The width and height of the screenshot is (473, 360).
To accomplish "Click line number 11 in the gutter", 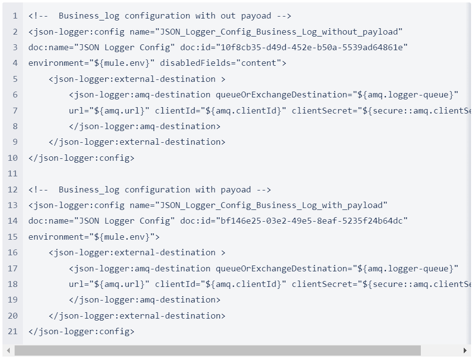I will (12, 173).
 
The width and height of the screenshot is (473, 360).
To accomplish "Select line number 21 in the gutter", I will (12, 331).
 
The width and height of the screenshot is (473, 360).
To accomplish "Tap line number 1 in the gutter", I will (15, 16).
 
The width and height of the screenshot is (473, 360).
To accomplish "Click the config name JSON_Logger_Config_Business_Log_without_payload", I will (279, 32).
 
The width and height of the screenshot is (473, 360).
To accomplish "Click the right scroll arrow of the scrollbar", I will (465, 351).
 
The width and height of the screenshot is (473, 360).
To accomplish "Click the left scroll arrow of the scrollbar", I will (8, 351).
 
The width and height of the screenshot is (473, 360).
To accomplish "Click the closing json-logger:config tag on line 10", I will (81, 158).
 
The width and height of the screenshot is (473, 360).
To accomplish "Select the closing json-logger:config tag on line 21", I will (81, 331).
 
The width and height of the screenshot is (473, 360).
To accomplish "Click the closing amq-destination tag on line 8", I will (145, 126).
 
